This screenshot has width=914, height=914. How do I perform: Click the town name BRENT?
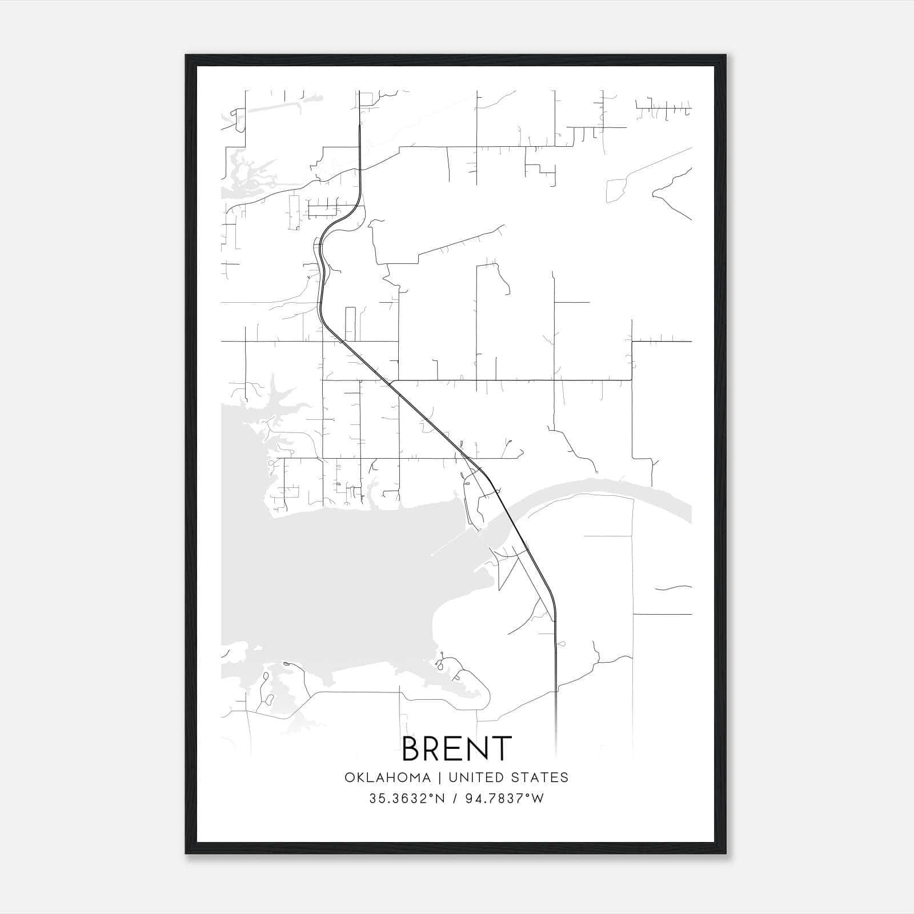(x=456, y=748)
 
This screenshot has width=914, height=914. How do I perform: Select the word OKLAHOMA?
(x=387, y=777)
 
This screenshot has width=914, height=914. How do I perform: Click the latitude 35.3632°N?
(x=406, y=799)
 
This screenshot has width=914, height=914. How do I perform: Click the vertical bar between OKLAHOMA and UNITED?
(x=440, y=777)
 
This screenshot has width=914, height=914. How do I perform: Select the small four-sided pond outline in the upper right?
(x=616, y=190)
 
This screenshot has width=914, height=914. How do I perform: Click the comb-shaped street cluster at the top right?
(x=663, y=107)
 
